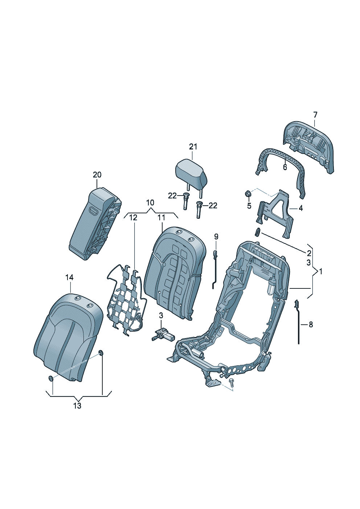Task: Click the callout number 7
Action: click(315, 115)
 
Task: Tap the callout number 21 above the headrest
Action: click(193, 147)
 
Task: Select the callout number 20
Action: click(97, 175)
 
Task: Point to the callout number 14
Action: click(70, 278)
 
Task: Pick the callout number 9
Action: click(216, 237)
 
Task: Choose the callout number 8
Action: click(311, 324)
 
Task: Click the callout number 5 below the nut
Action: click(249, 206)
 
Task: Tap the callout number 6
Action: click(285, 167)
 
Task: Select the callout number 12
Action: click(134, 218)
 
